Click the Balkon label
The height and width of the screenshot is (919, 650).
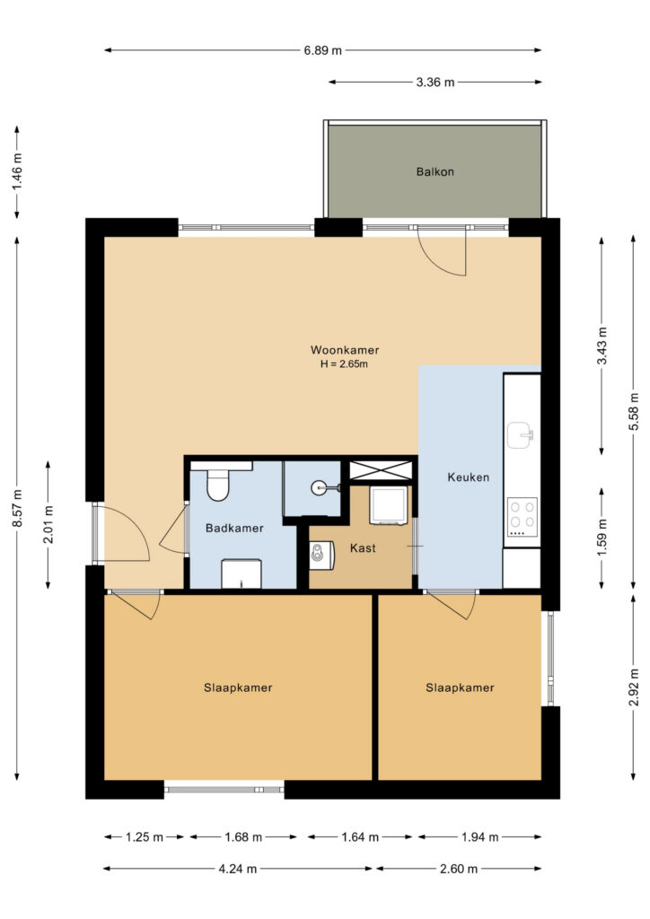(435, 171)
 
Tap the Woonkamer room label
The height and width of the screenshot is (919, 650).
(345, 350)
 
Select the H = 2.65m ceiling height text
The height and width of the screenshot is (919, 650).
(344, 364)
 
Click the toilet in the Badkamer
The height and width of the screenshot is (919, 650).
(217, 486)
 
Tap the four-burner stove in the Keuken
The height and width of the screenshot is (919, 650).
(523, 516)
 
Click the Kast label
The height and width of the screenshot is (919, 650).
(363, 548)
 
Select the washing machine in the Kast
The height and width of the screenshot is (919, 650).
(388, 505)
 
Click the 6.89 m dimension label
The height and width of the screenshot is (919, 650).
(322, 50)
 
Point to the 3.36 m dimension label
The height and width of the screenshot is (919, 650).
(435, 82)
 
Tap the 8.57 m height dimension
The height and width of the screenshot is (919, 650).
(18, 508)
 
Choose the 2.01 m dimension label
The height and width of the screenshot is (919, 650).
(48, 524)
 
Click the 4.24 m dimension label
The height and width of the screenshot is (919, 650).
(238, 869)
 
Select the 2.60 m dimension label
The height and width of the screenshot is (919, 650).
(459, 869)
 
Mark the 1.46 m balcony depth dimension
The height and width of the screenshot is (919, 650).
(18, 171)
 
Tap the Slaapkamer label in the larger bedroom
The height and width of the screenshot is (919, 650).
(238, 687)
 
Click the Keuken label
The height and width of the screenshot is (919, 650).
(469, 477)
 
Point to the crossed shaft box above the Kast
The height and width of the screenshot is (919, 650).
(381, 470)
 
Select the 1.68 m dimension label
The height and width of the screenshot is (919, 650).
(243, 837)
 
